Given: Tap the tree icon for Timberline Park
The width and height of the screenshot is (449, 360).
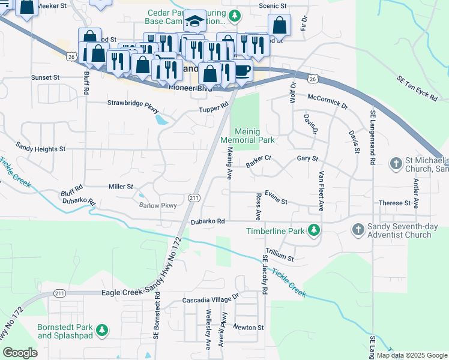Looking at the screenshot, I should tap(313, 230).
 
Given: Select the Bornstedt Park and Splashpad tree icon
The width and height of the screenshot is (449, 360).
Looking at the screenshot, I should tap(103, 330).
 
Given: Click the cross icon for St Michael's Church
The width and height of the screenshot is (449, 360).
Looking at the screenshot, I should tap(396, 163).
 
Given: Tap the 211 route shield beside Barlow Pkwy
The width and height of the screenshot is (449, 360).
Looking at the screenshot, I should tap(193, 198).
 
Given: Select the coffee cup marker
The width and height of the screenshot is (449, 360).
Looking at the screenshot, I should tap(242, 70).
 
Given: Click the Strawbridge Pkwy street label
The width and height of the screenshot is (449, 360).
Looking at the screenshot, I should tap(133, 103).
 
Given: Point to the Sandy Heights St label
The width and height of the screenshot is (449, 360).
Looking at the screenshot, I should tap(40, 148).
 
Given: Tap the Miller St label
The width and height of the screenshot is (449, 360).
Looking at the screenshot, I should tap(121, 187).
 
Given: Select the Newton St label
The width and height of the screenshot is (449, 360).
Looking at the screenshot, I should tap(249, 328).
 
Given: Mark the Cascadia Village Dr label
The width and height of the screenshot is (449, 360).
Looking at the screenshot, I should tap(210, 297).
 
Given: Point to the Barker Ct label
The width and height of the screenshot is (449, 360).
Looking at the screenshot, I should tap(259, 159).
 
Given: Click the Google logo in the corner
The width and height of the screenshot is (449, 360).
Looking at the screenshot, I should tap(20, 353).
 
